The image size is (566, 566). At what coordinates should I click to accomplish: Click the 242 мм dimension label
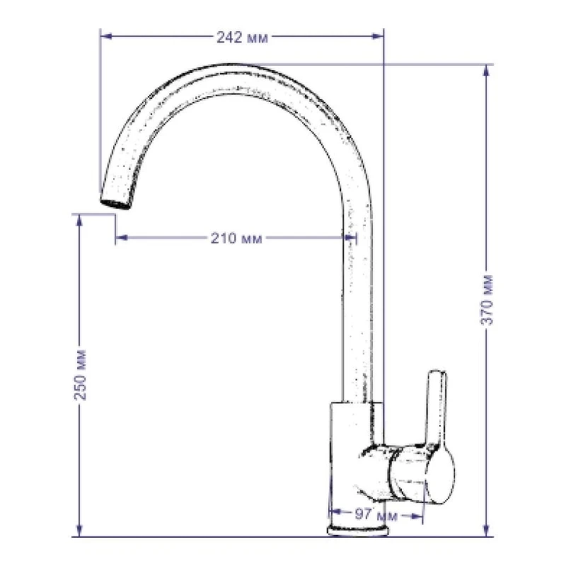click(242, 37)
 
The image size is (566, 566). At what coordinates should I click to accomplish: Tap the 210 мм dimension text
click(236, 238)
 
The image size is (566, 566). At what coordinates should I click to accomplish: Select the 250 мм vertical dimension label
click(81, 375)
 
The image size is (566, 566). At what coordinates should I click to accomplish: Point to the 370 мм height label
click(487, 300)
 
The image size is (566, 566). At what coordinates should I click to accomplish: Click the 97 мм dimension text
click(376, 515)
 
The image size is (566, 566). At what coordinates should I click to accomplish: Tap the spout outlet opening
click(115, 204)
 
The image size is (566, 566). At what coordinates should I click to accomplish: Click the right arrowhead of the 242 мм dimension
click(377, 36)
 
